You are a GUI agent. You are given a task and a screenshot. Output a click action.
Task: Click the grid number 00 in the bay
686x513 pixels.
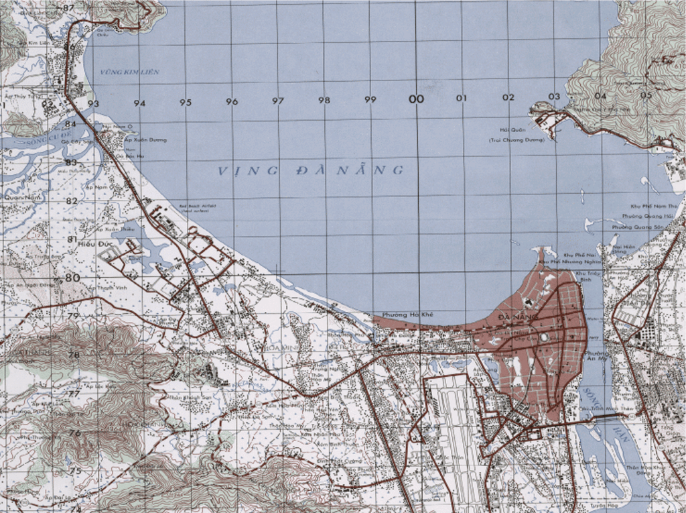coord(417,99)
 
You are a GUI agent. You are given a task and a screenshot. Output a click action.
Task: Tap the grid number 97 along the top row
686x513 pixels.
coord(277,101)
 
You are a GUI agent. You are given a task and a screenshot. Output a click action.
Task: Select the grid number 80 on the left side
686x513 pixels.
coord(72,278)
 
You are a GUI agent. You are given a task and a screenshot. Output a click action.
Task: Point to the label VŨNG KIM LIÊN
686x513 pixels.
coord(130,72)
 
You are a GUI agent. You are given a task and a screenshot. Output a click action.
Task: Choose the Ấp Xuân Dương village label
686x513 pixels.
coord(148,139)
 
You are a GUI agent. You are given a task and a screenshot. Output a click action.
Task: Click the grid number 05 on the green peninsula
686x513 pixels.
coord(646,95)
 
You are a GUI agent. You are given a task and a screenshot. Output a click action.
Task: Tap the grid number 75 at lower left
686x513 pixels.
coord(74,471)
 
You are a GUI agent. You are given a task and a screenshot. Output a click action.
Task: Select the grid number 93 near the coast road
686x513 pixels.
coord(93,103)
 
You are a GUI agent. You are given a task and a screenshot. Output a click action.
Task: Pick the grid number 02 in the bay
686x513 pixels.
coord(508,98)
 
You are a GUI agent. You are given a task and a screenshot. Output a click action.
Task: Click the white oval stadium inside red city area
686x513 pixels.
coord(544,337)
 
